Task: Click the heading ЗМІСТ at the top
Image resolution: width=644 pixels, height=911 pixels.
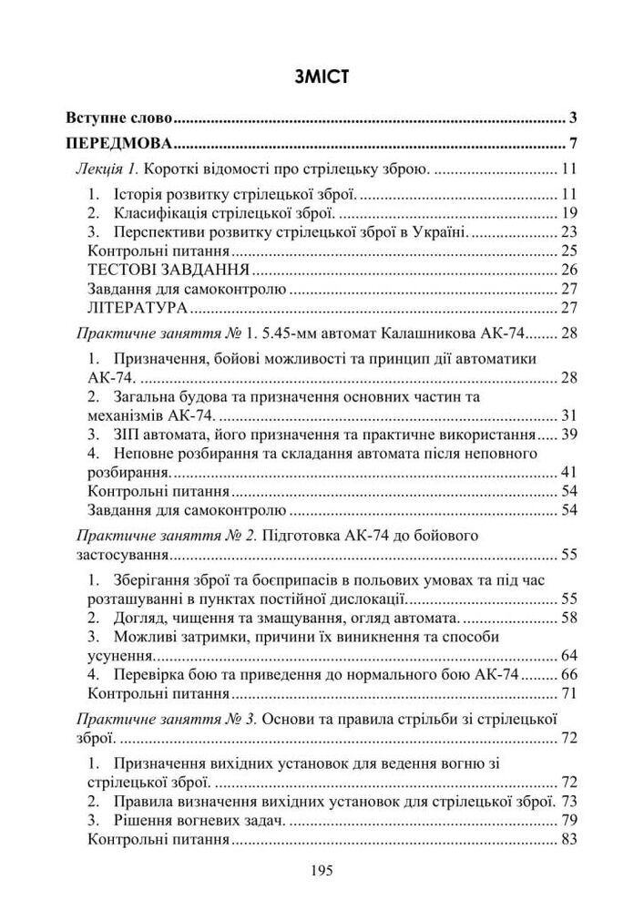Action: [322, 77]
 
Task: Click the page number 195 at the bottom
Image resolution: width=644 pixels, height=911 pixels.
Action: [322, 870]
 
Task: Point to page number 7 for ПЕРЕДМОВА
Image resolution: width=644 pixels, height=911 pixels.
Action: [573, 144]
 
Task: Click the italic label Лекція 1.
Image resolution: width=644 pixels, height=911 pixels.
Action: [107, 169]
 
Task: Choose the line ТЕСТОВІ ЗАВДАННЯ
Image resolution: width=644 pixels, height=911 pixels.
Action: [169, 270]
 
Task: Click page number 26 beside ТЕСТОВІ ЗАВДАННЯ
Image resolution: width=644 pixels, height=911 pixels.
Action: [570, 270]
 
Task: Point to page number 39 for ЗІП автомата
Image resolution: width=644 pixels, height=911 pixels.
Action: [570, 433]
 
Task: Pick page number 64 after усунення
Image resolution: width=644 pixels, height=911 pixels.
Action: [570, 655]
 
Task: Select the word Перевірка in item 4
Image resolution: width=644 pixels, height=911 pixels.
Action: [147, 675]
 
